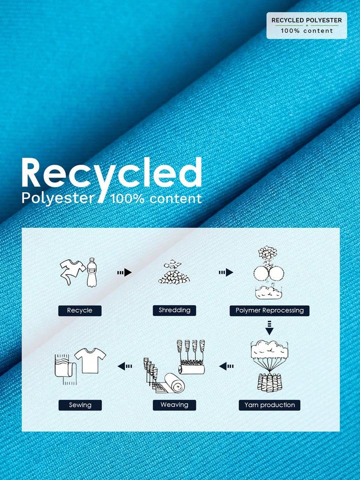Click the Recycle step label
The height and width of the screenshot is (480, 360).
pyautogui.click(x=80, y=310)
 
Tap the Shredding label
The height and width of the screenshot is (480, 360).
pyautogui.click(x=174, y=310)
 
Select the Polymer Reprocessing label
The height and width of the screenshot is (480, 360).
pyautogui.click(x=269, y=310)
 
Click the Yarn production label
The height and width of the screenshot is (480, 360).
pyautogui.click(x=269, y=405)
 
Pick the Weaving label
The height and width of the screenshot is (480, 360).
pyautogui.click(x=174, y=405)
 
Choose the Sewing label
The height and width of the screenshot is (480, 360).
pyautogui.click(x=80, y=405)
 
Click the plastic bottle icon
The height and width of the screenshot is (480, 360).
pyautogui.click(x=91, y=272)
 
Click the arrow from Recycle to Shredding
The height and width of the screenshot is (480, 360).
pyautogui.click(x=124, y=272)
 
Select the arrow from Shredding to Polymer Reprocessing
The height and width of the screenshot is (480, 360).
pyautogui.click(x=226, y=272)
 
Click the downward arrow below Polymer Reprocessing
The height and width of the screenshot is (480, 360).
pyautogui.click(x=269, y=327)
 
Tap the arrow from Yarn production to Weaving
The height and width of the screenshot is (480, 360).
pyautogui.click(x=226, y=366)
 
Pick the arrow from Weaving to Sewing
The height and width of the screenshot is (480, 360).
pyautogui.click(x=125, y=366)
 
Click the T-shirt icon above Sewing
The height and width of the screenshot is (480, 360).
pyautogui.click(x=90, y=360)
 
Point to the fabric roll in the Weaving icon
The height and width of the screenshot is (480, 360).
pyautogui.click(x=174, y=383)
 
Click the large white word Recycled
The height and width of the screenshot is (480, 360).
pyautogui.click(x=111, y=173)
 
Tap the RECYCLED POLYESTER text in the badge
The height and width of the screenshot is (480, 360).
pyautogui.click(x=307, y=20)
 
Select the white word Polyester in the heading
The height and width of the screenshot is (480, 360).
pyautogui.click(x=58, y=198)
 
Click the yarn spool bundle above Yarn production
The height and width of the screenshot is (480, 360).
pyautogui.click(x=269, y=383)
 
